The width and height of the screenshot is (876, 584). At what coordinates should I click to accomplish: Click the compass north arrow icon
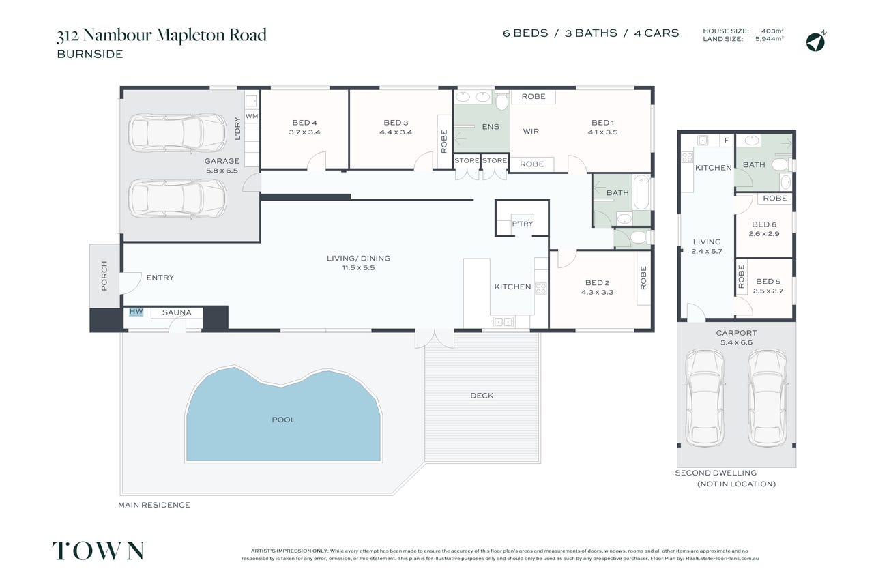[x=816, y=41]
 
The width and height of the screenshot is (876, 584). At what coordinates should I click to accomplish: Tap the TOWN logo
[x=98, y=551]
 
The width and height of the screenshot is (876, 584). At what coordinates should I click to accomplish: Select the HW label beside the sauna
[x=136, y=311]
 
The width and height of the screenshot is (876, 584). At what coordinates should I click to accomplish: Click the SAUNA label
[x=177, y=312]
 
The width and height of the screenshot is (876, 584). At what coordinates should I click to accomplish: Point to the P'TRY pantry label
[x=523, y=224]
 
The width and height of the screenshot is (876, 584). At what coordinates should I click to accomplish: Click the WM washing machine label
[x=252, y=116]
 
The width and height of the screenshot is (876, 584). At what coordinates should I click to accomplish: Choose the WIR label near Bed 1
[x=531, y=132]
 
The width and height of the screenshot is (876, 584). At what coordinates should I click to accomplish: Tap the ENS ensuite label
[x=491, y=127]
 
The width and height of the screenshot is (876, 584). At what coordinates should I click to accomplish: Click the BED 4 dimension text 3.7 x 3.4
[x=305, y=132]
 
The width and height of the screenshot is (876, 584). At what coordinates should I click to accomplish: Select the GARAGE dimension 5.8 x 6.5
[x=222, y=171]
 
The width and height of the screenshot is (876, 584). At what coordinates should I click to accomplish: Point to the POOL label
[x=284, y=420]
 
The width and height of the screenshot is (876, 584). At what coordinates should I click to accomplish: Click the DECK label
[x=482, y=396]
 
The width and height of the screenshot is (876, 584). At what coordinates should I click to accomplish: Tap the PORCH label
[x=104, y=276]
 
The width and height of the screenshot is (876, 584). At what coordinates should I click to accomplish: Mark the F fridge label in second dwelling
[x=727, y=140]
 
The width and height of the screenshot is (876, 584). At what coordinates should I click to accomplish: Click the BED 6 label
[x=764, y=224]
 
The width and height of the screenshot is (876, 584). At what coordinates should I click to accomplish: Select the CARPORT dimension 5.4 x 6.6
[x=736, y=342]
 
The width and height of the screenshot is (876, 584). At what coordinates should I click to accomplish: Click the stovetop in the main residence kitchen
[x=541, y=289]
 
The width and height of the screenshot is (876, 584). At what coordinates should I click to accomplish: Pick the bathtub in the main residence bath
[x=642, y=192]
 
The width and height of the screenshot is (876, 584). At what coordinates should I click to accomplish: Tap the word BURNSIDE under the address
[x=90, y=54]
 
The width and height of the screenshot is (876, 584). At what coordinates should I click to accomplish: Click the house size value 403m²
[x=772, y=31]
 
